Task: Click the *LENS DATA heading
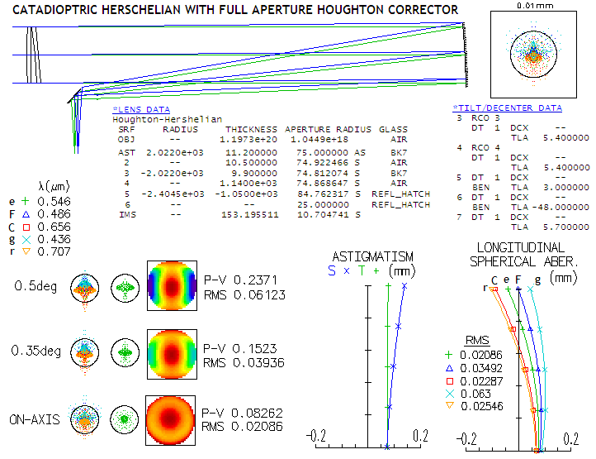[x=141, y=109]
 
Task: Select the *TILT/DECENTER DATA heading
[x=507, y=108]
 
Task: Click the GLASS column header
[x=393, y=130]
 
